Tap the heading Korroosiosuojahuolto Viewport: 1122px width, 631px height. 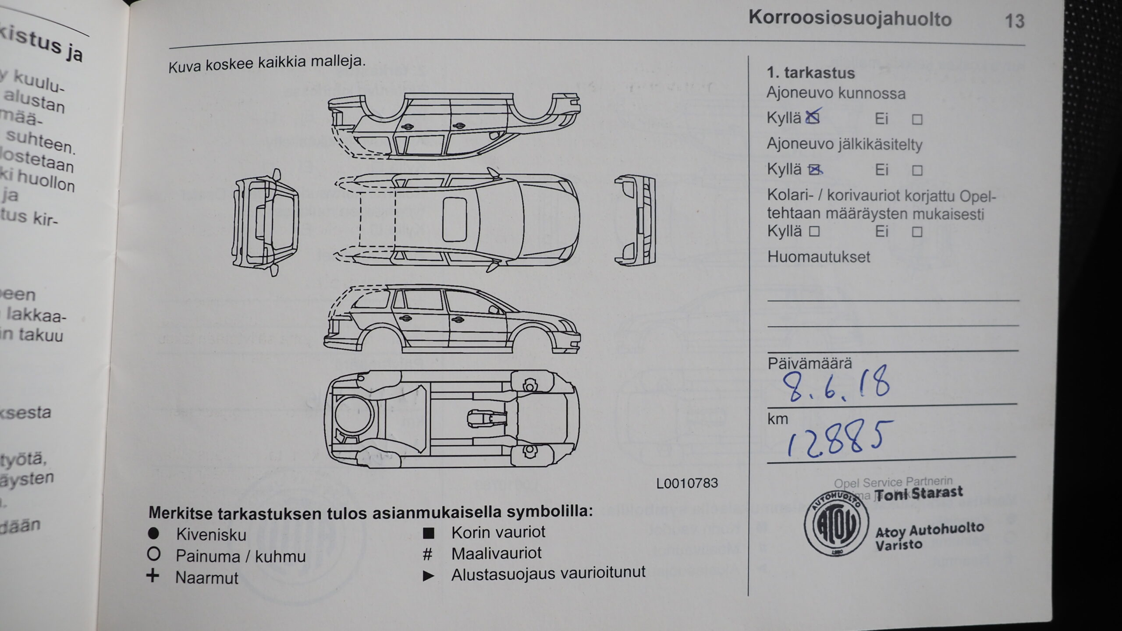850,18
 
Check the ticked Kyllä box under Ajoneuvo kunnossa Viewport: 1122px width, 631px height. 813,117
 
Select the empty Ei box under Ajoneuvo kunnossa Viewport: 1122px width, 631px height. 917,120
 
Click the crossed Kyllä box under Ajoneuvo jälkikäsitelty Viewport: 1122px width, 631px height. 814,170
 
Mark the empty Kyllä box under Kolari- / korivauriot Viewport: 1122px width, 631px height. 814,231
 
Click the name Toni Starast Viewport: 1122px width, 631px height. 923,493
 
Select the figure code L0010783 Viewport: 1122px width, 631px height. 687,483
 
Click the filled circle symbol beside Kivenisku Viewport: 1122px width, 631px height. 153,534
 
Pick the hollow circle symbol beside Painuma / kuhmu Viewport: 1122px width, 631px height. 154,555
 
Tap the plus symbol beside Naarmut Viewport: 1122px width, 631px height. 153,576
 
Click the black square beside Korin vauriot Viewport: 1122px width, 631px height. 428,533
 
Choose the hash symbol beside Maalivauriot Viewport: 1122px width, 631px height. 427,554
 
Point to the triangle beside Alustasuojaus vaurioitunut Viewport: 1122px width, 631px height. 428,576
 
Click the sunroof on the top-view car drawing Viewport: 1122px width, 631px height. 454,220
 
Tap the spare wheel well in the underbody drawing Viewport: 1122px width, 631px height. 353,415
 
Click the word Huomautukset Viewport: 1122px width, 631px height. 818,257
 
